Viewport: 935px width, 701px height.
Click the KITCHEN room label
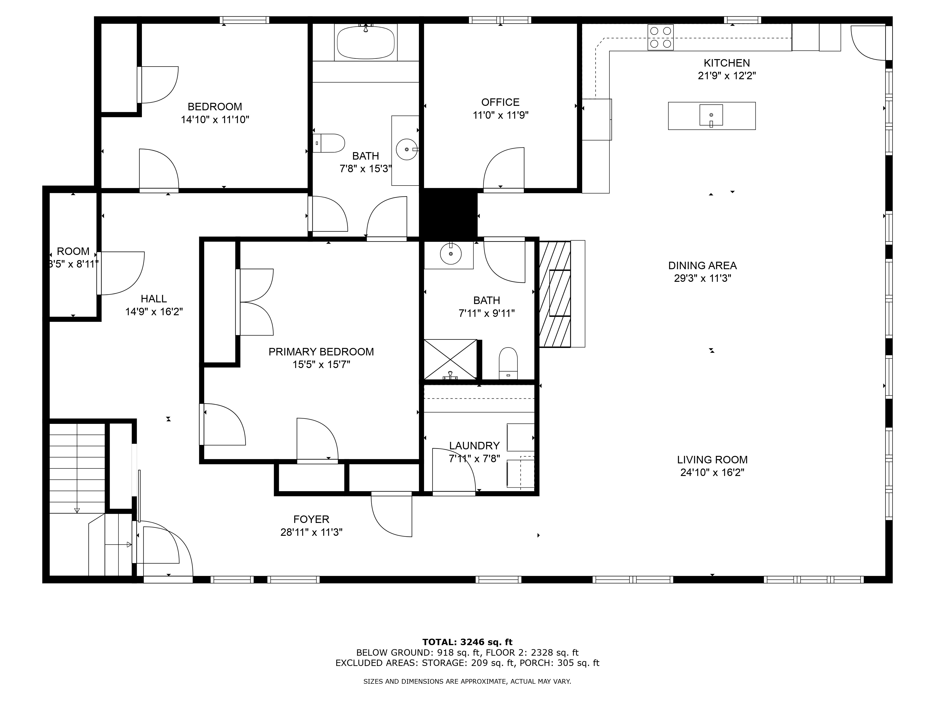[726, 63]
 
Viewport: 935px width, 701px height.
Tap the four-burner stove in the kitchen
[661, 37]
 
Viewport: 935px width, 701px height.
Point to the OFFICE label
[500, 102]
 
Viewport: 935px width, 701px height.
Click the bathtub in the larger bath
[366, 42]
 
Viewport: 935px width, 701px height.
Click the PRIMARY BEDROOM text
[321, 352]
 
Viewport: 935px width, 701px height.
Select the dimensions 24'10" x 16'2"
[712, 472]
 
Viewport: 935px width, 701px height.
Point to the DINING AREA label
[702, 266]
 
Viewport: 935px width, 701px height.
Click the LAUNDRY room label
[474, 446]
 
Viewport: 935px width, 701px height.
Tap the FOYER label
[312, 519]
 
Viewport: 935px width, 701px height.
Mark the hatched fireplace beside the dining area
[555, 294]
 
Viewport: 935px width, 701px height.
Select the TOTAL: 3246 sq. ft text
[467, 643]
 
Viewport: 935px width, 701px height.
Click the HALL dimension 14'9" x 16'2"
[154, 312]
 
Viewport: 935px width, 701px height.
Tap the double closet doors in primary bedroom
[255, 302]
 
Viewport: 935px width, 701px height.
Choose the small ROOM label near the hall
[73, 251]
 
